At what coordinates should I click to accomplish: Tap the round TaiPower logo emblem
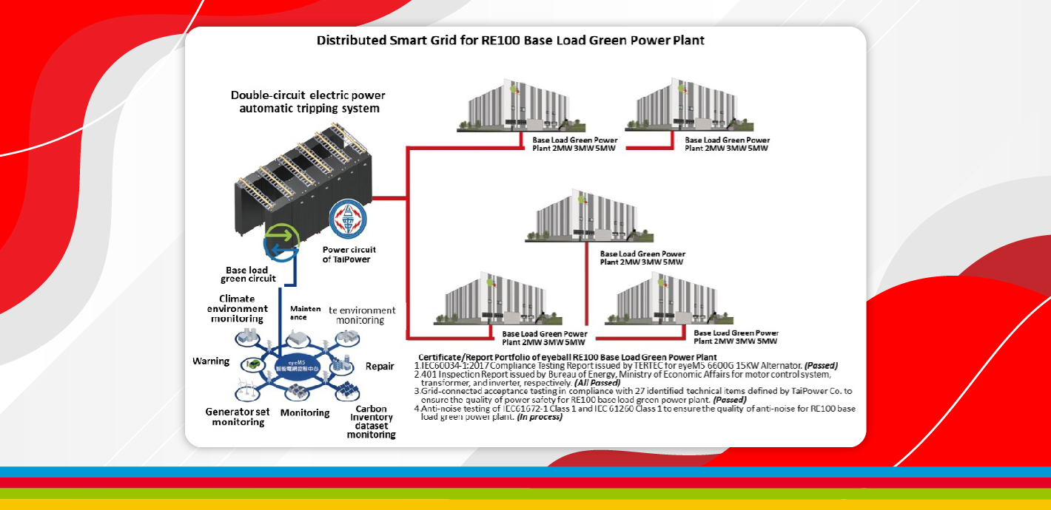347,220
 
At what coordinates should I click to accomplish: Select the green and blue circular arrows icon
281,242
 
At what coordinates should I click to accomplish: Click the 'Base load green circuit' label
248,274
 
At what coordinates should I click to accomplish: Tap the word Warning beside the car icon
211,361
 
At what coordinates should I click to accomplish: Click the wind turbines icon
248,389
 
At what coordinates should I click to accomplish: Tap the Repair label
380,366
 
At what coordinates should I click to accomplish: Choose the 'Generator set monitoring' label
238,416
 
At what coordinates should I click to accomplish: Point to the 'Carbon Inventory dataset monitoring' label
372,421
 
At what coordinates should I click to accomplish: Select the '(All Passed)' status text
597,383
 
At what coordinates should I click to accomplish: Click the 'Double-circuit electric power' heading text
308,95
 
